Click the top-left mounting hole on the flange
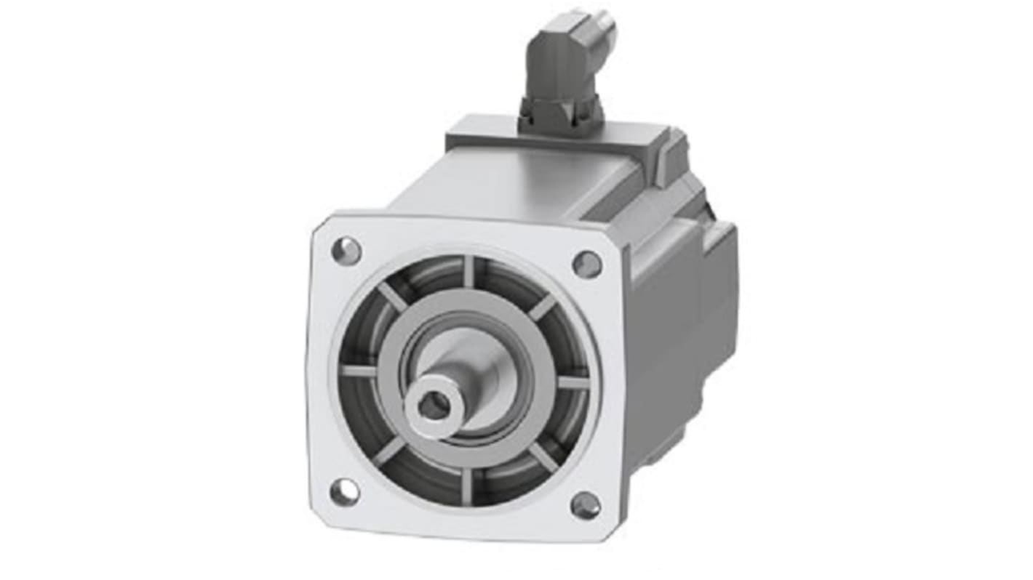tap(346, 251)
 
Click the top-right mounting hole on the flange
tap(587, 264)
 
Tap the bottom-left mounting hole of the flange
tap(345, 492)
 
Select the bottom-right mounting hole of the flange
tap(586, 505)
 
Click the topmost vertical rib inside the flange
tap(469, 271)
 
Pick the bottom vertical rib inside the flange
tap(466, 486)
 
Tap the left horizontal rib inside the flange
tap(358, 371)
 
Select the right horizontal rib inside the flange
tap(573, 382)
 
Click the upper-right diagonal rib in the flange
tap(542, 307)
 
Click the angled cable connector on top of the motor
tap(564, 65)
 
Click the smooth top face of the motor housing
tap(524, 182)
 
